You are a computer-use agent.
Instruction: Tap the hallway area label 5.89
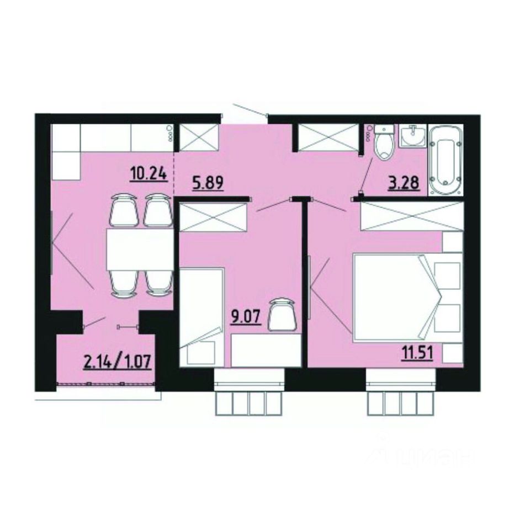tap(208, 183)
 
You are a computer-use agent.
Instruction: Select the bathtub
tap(446, 160)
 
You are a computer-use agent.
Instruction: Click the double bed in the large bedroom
tap(397, 296)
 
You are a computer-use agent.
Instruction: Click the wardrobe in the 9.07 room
tap(213, 217)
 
